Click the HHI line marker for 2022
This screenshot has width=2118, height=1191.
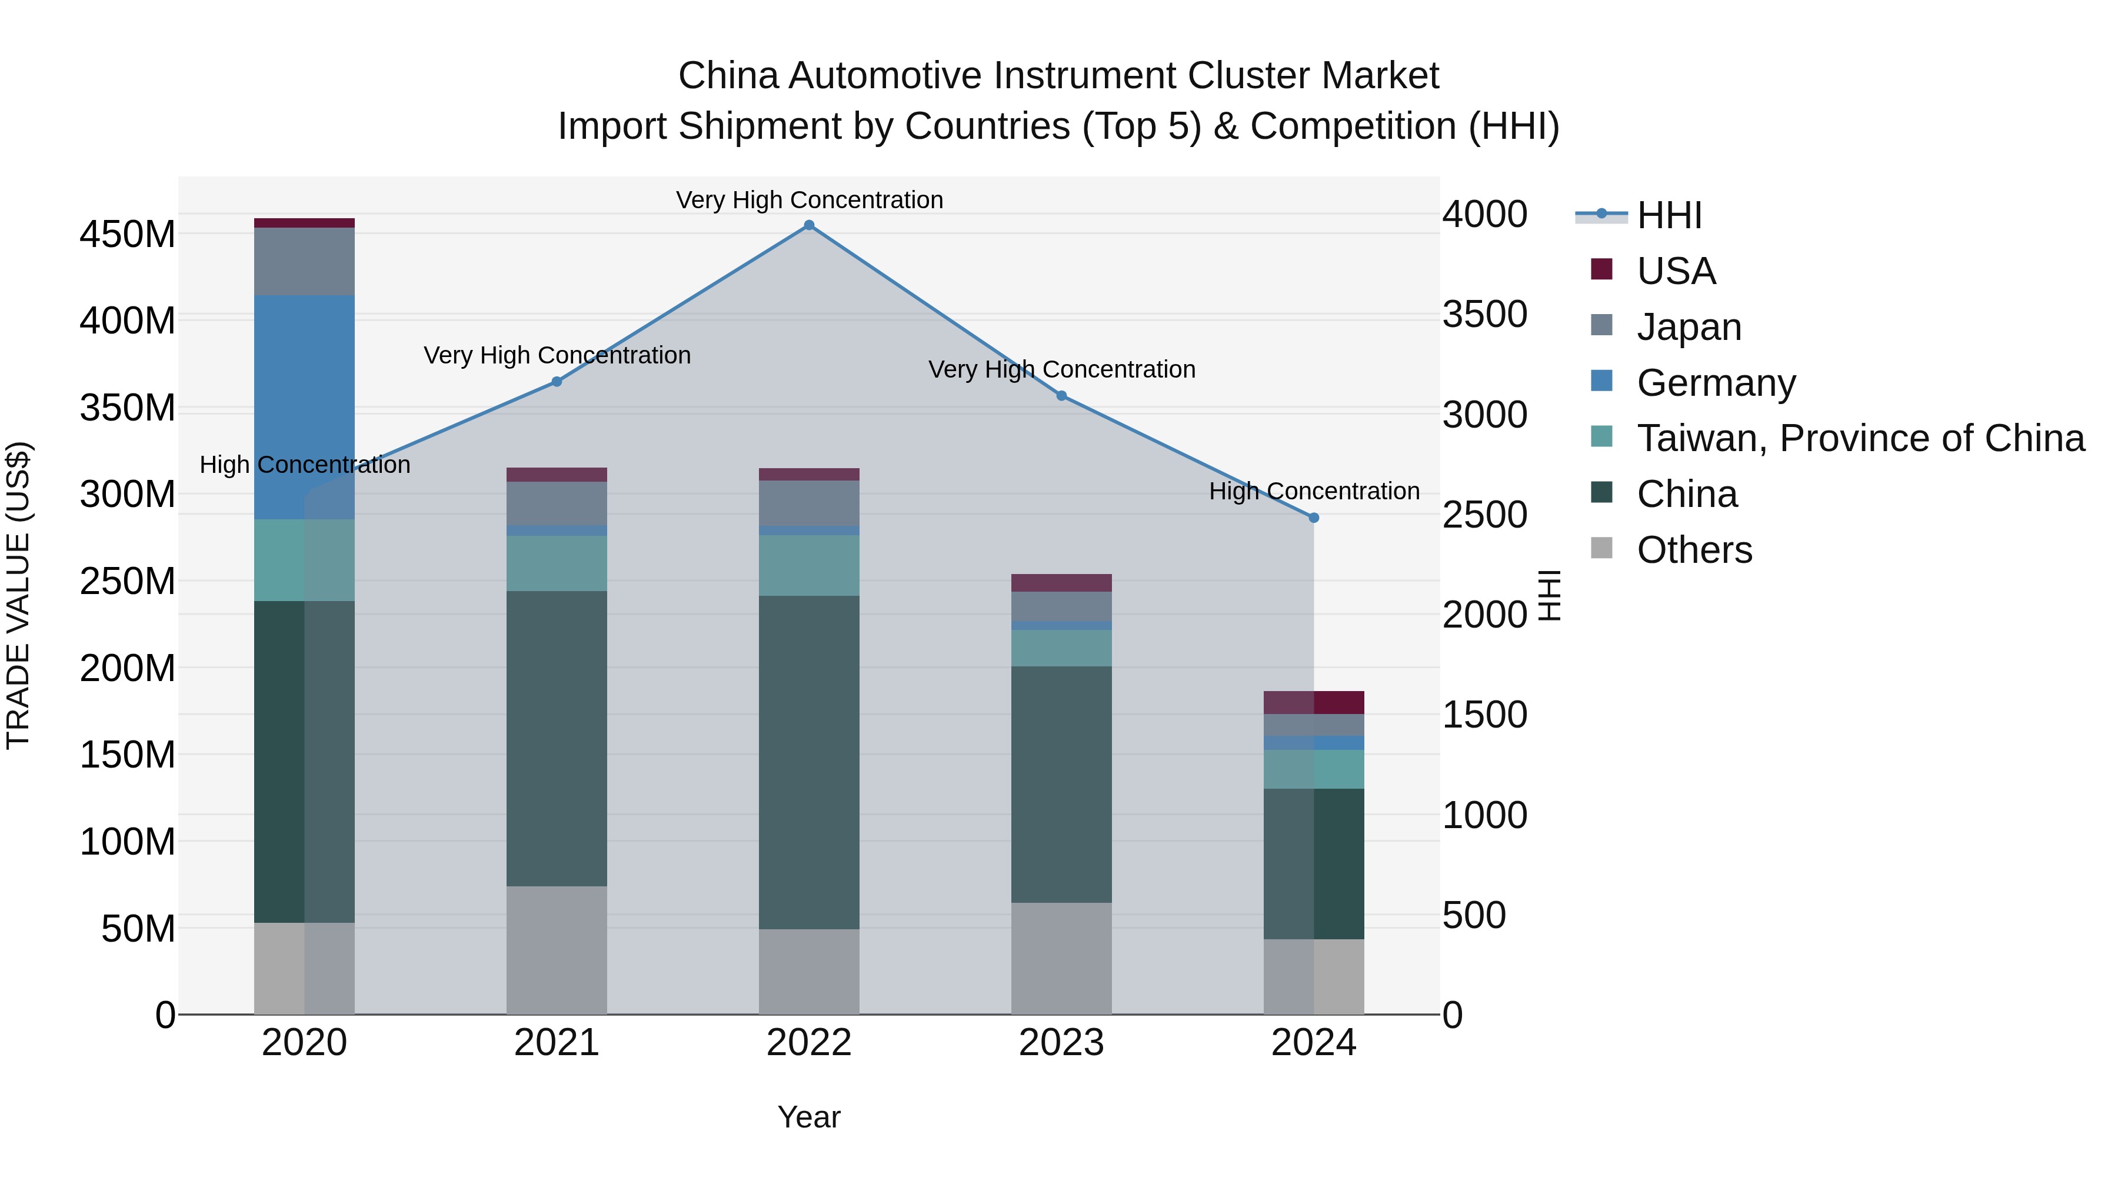point(808,225)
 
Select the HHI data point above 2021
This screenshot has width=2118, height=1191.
point(557,381)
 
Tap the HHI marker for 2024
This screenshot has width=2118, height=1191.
point(1313,518)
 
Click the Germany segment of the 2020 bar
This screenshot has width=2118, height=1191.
point(304,407)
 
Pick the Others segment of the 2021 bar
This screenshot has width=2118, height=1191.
point(557,949)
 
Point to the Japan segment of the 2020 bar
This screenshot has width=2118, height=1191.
point(304,261)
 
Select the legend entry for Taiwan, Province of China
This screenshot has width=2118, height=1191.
point(1860,438)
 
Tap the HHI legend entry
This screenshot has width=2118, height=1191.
point(1669,215)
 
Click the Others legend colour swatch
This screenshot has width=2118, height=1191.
point(1601,548)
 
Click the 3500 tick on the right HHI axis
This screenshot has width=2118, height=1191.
point(1485,315)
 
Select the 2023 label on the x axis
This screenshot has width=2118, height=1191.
point(1061,1043)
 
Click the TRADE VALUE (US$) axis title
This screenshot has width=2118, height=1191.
point(18,595)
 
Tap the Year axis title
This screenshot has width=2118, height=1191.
point(808,1117)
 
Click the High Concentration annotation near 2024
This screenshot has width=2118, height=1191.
point(1313,492)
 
